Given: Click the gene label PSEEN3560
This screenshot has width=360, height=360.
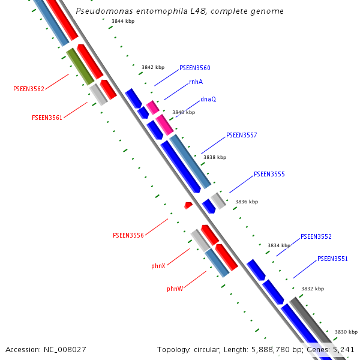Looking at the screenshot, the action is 194,68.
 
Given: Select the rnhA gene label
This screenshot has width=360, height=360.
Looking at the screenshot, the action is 196,82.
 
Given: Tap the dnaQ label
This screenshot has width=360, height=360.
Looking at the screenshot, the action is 208,99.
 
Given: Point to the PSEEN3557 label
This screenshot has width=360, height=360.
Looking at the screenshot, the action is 242,135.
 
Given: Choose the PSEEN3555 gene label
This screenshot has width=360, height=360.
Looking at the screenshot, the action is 269,174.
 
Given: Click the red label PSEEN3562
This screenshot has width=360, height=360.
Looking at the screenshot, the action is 29,89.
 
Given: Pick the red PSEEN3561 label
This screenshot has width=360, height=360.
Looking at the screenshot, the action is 47,118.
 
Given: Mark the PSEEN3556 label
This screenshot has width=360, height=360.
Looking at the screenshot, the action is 128,235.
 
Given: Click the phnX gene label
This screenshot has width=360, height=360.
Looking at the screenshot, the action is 158,266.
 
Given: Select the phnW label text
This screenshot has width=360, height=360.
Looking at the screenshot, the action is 175,289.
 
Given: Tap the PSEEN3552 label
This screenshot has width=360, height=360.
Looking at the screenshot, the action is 316,236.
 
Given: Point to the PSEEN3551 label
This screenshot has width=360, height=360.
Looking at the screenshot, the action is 332,259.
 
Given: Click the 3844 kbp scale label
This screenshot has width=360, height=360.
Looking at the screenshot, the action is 123,21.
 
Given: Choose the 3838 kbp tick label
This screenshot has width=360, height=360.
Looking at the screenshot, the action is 215,157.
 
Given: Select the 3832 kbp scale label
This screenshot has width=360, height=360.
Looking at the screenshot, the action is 313,289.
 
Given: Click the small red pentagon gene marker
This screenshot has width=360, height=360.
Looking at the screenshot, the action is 188,205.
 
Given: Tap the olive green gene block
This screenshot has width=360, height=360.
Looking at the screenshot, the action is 80,67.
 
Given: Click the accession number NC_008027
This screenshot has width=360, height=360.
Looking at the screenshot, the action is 65,350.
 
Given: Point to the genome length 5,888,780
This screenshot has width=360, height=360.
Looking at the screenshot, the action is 271,350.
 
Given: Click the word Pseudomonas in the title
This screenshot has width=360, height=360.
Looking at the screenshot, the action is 104,11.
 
